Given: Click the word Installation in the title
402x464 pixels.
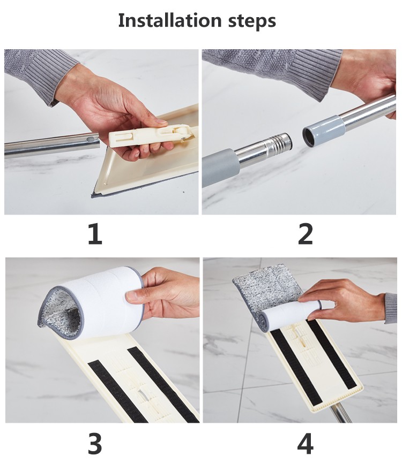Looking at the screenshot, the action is pos(170,20).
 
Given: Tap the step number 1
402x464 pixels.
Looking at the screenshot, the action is pos(95,234).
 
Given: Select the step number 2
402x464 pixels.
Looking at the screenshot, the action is pos(305,234).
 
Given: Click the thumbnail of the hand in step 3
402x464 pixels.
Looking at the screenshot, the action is pos(131,295).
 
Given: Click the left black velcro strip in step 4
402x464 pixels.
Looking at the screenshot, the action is pos(296,367).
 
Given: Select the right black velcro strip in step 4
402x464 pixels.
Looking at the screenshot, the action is pos(332,354).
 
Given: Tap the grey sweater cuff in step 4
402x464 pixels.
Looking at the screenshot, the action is pos(391,308).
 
